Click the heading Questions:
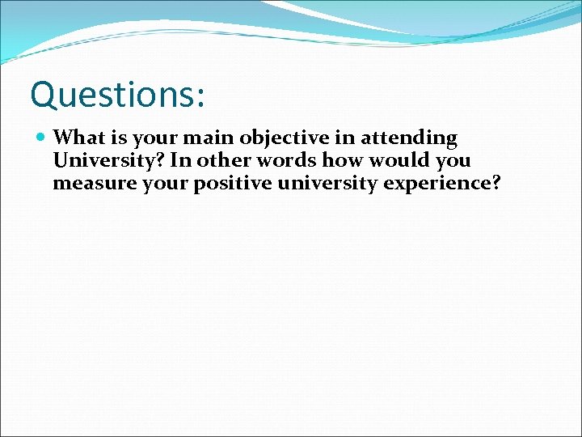point(118,95)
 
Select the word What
point(78,138)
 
